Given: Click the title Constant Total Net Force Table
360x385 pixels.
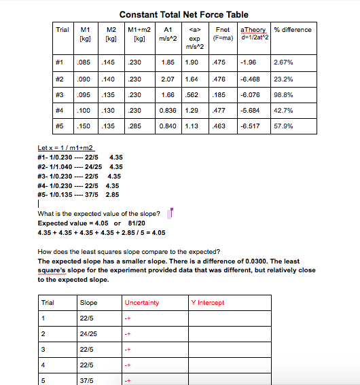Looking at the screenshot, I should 183,14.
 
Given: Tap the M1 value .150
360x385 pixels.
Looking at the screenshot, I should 84,126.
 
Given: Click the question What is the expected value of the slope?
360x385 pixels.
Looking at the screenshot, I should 98,215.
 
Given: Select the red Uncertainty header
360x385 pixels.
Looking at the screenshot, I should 142,303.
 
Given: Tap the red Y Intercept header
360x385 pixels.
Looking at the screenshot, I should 208,303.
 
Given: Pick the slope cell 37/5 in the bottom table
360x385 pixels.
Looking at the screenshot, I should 86,381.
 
